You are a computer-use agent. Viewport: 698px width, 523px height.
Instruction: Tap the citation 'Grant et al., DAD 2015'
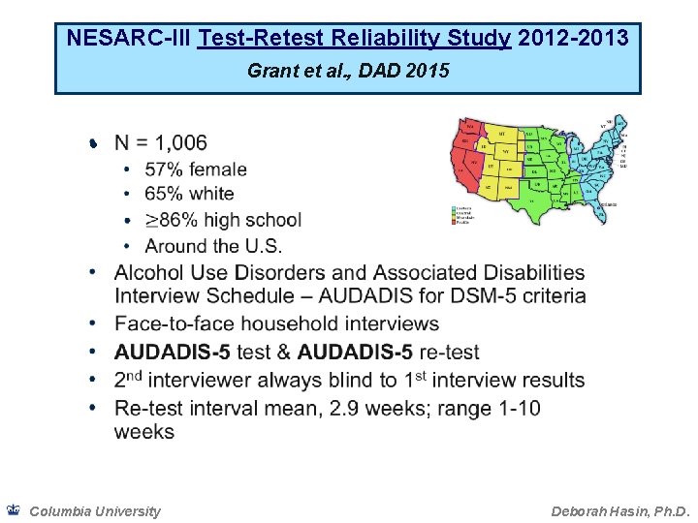(x=348, y=71)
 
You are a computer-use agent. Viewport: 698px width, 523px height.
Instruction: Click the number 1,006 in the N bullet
(x=174, y=143)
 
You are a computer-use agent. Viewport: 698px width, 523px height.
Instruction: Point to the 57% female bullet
(x=196, y=169)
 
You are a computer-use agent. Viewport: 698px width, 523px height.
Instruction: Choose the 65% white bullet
(x=189, y=195)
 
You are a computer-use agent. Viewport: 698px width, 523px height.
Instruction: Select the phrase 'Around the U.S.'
(x=213, y=246)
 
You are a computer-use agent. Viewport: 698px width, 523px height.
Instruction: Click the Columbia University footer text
(x=95, y=511)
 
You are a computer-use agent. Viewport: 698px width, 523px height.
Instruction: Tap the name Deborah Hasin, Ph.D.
(x=620, y=511)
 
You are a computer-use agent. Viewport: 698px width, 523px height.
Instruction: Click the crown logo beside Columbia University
(x=13, y=510)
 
